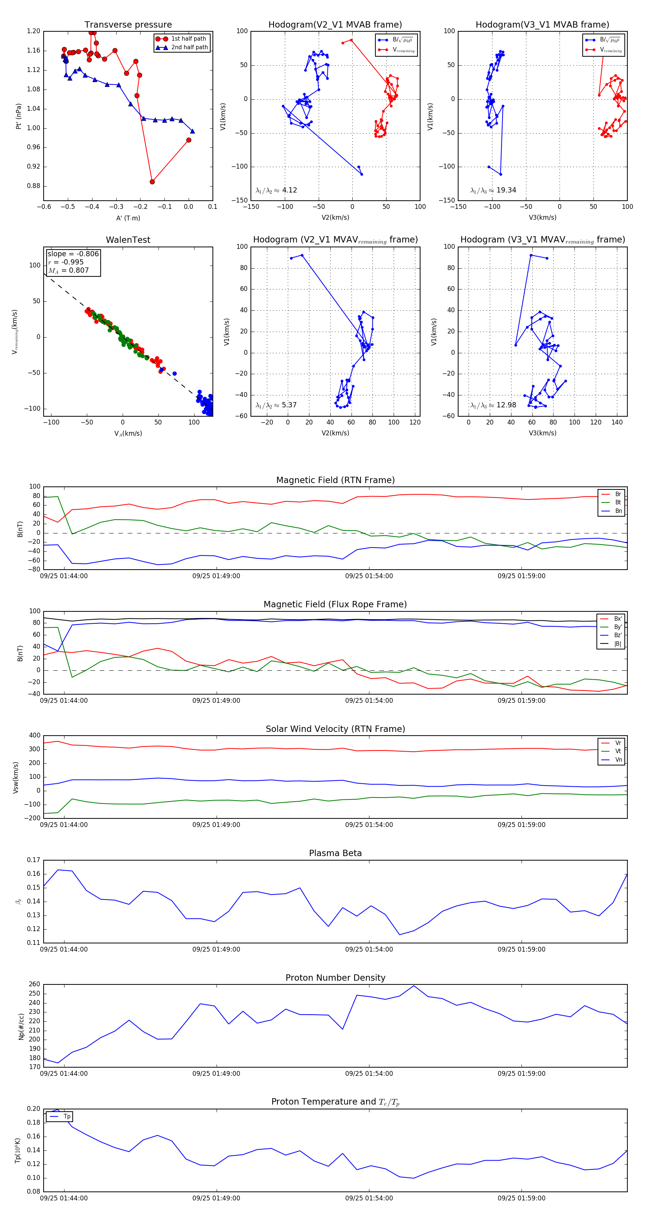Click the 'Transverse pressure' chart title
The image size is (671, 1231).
(128, 25)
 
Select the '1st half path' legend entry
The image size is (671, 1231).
(188, 39)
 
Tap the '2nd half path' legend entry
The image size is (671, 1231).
(189, 47)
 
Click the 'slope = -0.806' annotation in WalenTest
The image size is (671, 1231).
(73, 254)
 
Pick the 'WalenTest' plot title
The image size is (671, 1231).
(128, 240)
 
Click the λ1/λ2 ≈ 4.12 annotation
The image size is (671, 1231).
(276, 190)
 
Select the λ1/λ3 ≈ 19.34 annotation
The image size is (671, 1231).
(493, 190)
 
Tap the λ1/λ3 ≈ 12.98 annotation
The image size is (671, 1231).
(493, 405)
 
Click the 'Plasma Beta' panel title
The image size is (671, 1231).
(335, 853)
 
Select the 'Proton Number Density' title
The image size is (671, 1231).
(335, 977)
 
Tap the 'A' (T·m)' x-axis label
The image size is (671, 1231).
(128, 218)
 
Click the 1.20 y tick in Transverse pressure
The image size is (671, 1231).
(34, 31)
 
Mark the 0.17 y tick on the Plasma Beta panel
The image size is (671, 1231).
(34, 860)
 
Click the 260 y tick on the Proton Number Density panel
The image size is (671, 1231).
(34, 984)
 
